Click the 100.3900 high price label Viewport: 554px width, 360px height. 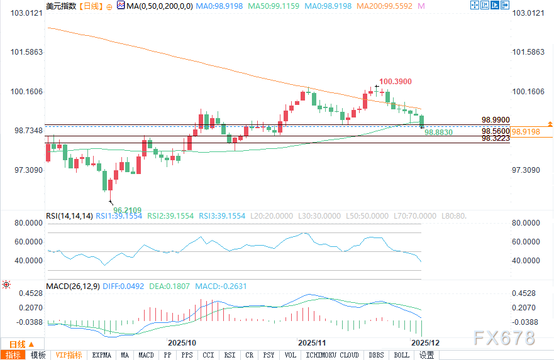(x=396, y=82)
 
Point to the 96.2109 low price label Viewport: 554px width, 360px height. (x=128, y=210)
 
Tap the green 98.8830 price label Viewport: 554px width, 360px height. (x=438, y=133)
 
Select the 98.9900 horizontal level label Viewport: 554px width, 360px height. (x=496, y=119)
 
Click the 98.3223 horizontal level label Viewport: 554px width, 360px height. (x=496, y=138)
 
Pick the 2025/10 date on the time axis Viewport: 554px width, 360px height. (x=182, y=343)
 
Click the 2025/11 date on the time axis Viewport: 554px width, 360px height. (x=313, y=343)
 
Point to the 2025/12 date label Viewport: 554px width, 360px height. (x=424, y=343)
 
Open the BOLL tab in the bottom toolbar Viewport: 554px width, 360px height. (x=401, y=355)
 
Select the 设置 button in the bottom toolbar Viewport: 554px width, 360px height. (x=427, y=355)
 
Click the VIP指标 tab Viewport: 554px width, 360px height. (x=69, y=355)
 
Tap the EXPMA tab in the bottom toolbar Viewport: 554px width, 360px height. (x=102, y=355)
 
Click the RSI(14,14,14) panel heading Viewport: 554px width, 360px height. (x=70, y=215)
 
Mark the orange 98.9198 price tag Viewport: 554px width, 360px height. (x=526, y=132)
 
